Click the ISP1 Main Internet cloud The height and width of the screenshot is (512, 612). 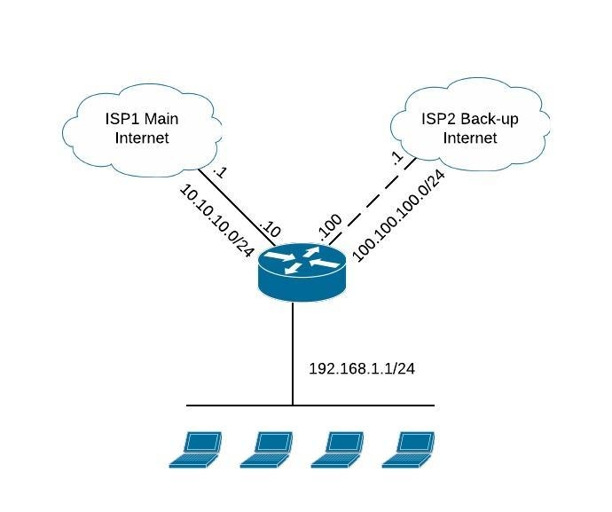[x=142, y=128]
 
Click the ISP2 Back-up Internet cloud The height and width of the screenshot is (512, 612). [x=469, y=128]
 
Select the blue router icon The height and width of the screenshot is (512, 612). [x=301, y=272]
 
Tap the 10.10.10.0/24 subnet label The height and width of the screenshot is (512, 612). [x=216, y=222]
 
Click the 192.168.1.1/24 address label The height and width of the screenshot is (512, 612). [x=361, y=367]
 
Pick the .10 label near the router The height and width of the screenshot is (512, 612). [x=269, y=231]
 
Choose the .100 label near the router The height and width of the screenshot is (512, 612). [x=329, y=229]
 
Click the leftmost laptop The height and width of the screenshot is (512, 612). [x=196, y=449]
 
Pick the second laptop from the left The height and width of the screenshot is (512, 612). [x=267, y=449]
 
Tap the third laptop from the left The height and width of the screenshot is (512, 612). [x=338, y=449]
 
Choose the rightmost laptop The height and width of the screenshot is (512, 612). [x=409, y=449]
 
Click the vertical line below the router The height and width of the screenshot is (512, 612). [x=293, y=355]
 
